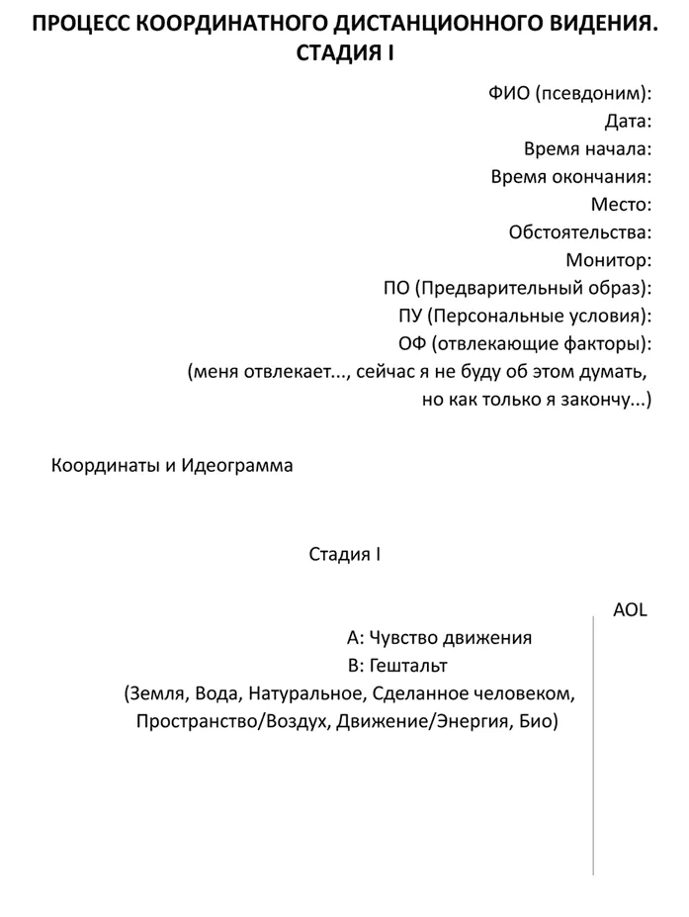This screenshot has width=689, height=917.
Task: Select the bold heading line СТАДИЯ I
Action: [345, 54]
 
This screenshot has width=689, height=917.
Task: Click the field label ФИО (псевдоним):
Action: [569, 94]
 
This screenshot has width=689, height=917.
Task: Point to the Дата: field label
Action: [628, 122]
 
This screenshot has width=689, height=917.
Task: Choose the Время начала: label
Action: [587, 149]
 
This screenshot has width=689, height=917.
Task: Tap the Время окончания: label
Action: [570, 177]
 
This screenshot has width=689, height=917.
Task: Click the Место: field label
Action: [621, 205]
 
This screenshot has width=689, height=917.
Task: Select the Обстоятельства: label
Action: [579, 232]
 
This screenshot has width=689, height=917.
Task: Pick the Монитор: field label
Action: [608, 261]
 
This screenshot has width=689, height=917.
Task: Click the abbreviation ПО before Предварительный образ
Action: [395, 289]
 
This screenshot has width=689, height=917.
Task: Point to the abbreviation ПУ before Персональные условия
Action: [409, 317]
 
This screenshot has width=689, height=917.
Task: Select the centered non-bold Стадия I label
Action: [345, 554]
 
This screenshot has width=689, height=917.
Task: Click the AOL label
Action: [630, 609]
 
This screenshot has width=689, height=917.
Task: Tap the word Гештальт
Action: [408, 665]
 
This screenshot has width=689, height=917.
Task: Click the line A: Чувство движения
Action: [439, 637]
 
